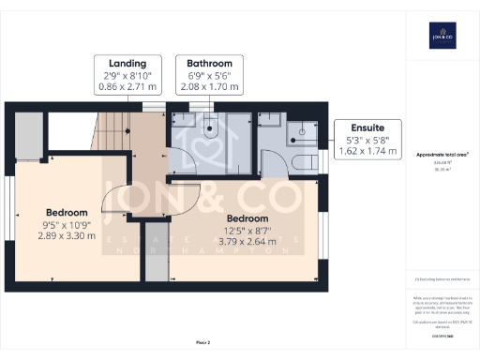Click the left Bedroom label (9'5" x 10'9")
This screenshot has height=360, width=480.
pyautogui.click(x=67, y=212)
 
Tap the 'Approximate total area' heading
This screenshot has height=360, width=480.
pyautogui.click(x=442, y=153)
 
